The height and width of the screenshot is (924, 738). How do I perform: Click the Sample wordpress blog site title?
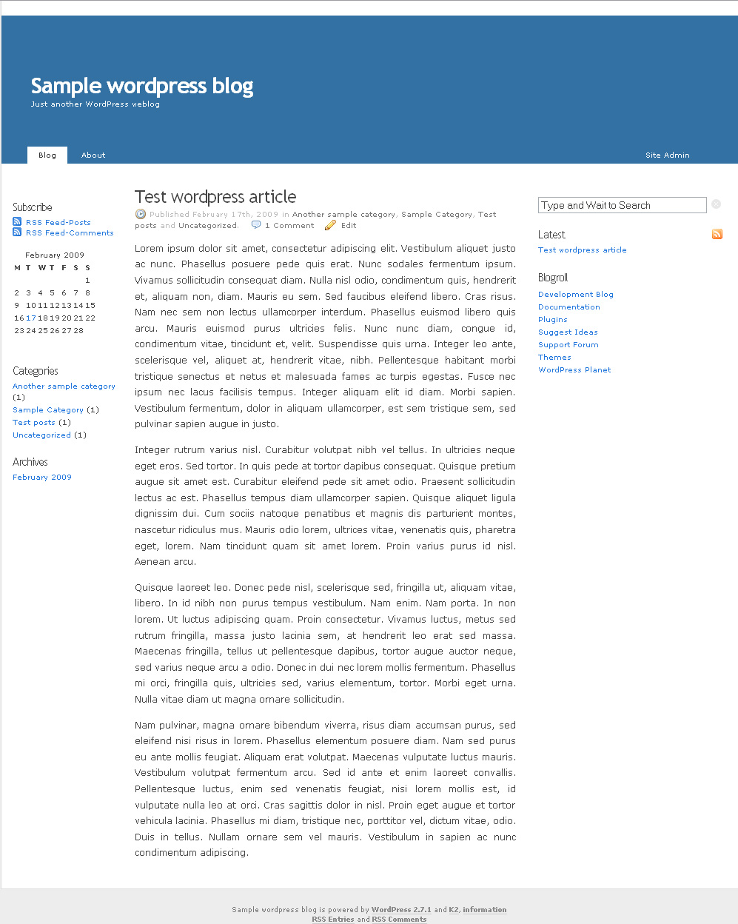click(x=142, y=87)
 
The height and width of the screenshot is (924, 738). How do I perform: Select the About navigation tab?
click(x=93, y=155)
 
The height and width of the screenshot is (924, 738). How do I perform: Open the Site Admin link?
click(x=667, y=155)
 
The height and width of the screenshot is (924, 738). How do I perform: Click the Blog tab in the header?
click(x=47, y=155)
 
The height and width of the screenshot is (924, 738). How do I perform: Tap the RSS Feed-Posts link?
click(x=58, y=222)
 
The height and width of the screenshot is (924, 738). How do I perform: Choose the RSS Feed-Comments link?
click(x=70, y=232)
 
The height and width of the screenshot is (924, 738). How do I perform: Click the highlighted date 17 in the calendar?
click(x=31, y=318)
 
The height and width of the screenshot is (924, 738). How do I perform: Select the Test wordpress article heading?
click(x=215, y=197)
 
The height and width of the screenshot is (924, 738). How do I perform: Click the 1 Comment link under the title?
click(x=289, y=226)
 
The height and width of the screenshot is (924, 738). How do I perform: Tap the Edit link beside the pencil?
click(x=349, y=226)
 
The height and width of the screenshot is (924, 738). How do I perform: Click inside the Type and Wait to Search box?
click(x=622, y=205)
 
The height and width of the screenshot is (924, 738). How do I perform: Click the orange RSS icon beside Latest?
click(x=717, y=235)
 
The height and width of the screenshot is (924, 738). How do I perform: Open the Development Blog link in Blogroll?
click(x=576, y=295)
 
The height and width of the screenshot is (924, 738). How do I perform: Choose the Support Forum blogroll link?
click(x=568, y=345)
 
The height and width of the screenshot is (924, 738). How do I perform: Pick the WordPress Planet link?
click(x=574, y=370)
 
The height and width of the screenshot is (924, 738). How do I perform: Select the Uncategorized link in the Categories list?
click(x=41, y=435)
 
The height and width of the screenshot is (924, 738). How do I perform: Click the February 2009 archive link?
click(x=42, y=478)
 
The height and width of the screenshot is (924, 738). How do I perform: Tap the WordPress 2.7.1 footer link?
click(x=401, y=910)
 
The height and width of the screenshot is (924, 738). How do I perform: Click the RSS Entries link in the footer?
click(x=333, y=920)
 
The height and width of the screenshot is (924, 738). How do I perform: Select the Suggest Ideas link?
click(x=568, y=332)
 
